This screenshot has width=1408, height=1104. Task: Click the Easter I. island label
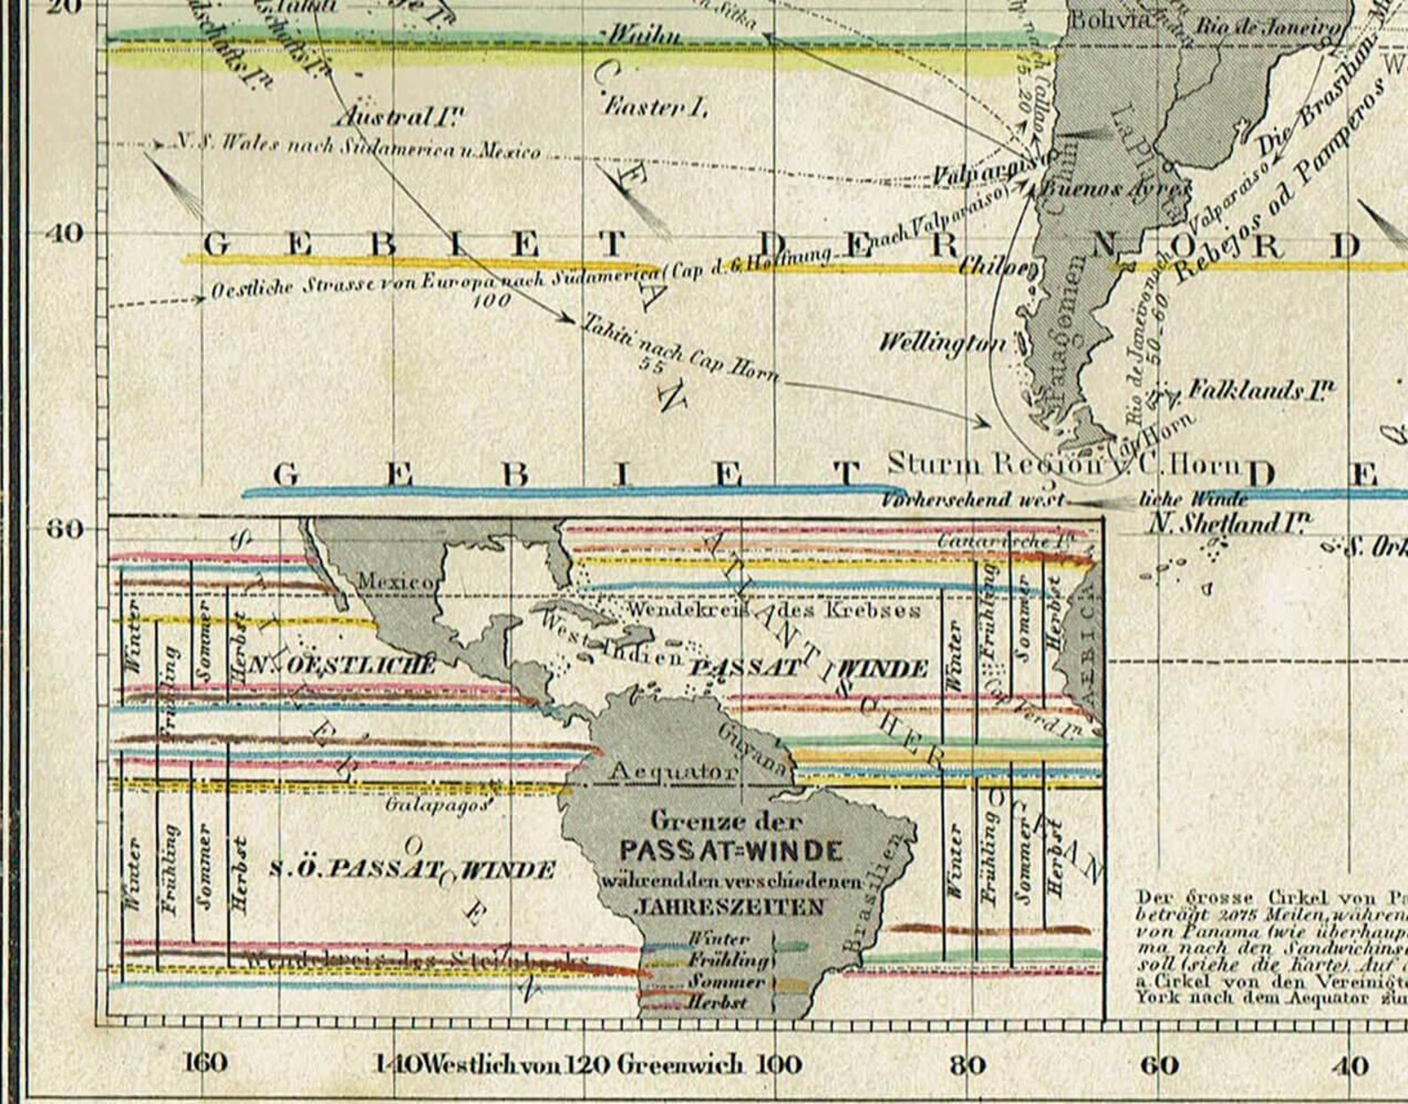click(x=655, y=108)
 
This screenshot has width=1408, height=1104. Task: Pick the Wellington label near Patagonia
click(x=943, y=342)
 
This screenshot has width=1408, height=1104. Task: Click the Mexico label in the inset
click(x=395, y=582)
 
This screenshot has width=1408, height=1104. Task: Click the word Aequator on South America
click(x=673, y=771)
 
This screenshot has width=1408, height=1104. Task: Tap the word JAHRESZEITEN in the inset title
click(x=729, y=907)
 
